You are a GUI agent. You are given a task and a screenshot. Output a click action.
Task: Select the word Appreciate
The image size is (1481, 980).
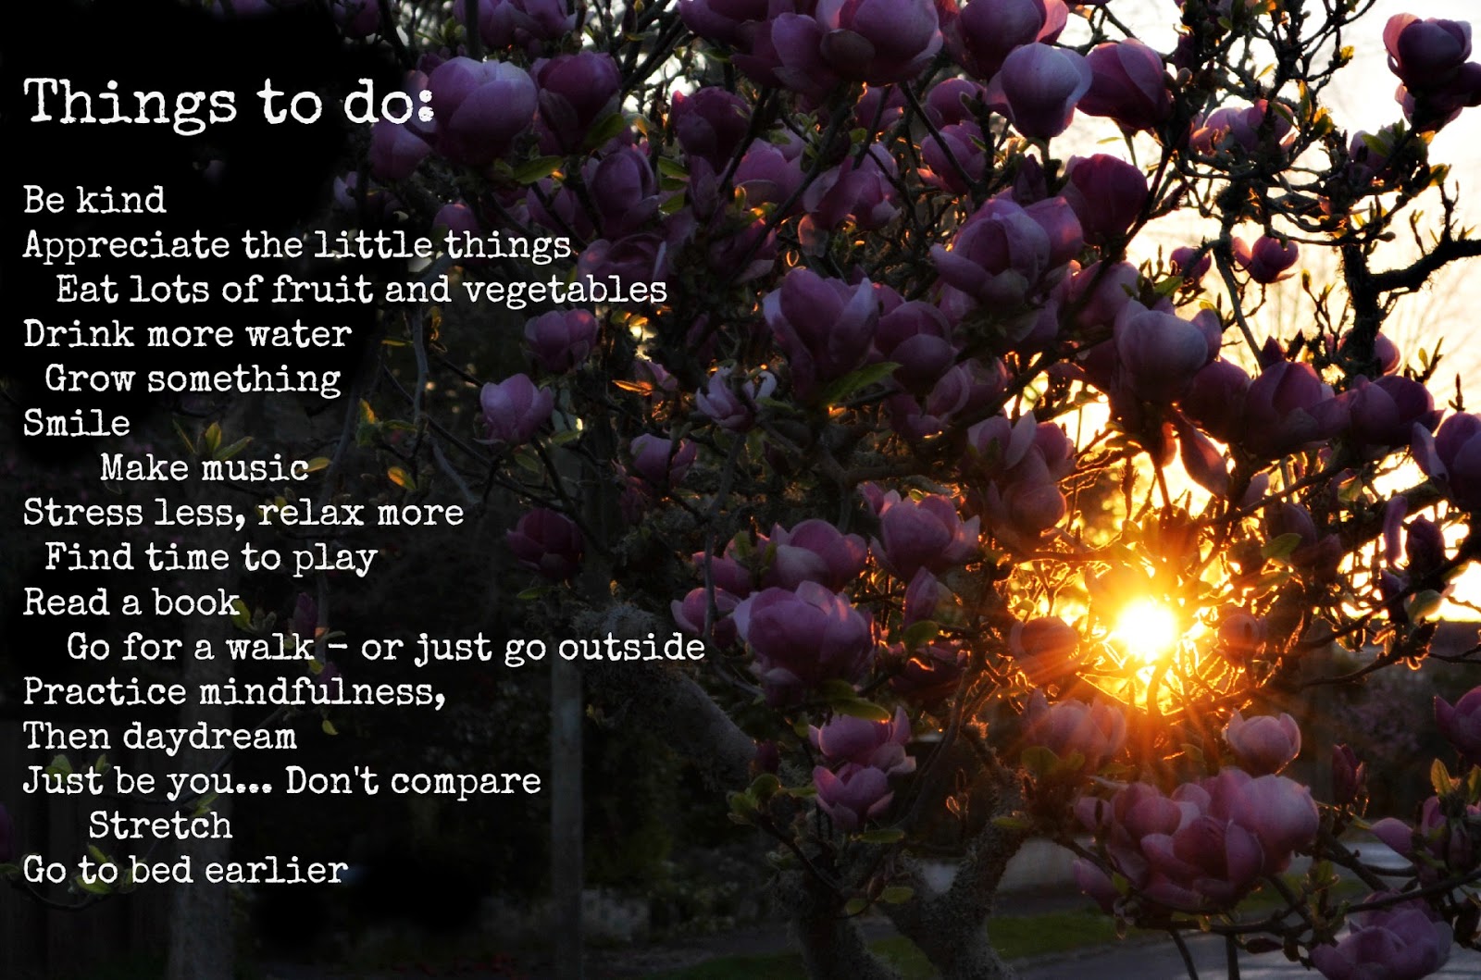[x=126, y=246]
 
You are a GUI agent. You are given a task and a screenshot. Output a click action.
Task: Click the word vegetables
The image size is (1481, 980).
[x=564, y=291]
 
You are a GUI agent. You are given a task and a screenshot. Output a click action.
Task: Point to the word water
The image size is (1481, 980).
[x=298, y=334]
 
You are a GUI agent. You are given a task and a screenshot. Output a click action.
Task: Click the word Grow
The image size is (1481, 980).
[x=89, y=378]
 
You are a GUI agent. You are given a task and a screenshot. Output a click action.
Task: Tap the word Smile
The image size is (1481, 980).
[x=77, y=423]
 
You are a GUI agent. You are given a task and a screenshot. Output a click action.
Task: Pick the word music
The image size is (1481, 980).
[x=255, y=468]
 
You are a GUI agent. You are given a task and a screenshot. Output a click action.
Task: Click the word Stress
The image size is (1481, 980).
[x=82, y=513]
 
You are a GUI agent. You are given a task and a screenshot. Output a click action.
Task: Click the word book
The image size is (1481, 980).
[x=196, y=602]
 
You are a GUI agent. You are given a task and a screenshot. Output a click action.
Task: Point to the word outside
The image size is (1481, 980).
[x=630, y=647]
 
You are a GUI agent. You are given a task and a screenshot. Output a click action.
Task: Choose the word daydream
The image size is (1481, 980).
[x=209, y=738]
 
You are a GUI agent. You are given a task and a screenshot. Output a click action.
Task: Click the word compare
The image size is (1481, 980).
[x=466, y=783]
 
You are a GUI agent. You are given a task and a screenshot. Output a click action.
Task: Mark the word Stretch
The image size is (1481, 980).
[x=161, y=825]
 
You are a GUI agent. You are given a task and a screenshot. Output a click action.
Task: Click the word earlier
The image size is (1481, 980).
[x=276, y=870]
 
